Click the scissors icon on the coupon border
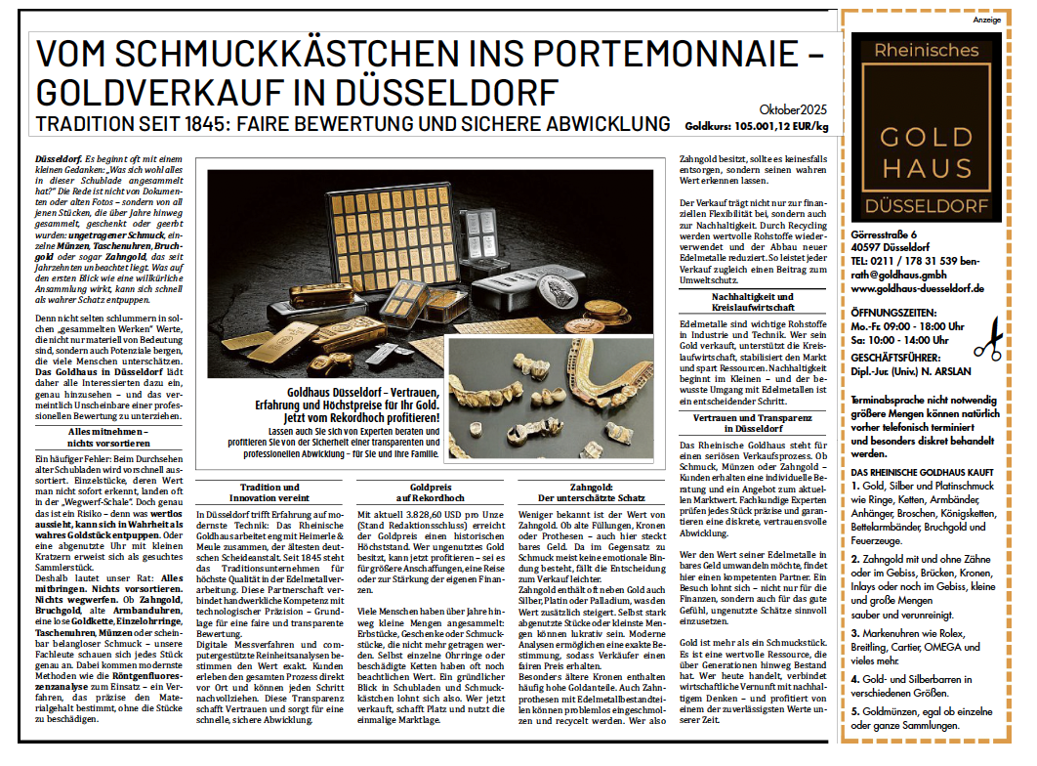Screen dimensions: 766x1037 click(x=991, y=336)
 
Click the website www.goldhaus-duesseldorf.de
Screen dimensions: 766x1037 click(x=917, y=288)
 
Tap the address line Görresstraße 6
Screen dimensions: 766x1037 click(x=884, y=234)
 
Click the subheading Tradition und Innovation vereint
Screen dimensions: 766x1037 click(x=269, y=491)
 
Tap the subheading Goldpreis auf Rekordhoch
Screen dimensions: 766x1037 click(x=432, y=491)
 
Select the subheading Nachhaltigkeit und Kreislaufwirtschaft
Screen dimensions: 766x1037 click(x=753, y=302)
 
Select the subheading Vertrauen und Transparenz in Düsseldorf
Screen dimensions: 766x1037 click(x=753, y=422)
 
